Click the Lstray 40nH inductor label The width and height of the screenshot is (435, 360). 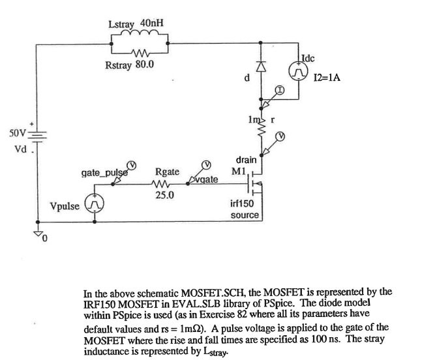click(x=136, y=24)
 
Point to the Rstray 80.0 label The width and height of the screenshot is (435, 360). click(x=129, y=66)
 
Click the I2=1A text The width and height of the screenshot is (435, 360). click(x=327, y=78)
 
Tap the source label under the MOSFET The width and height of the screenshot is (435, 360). click(x=245, y=215)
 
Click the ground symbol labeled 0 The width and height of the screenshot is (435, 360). click(x=36, y=234)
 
